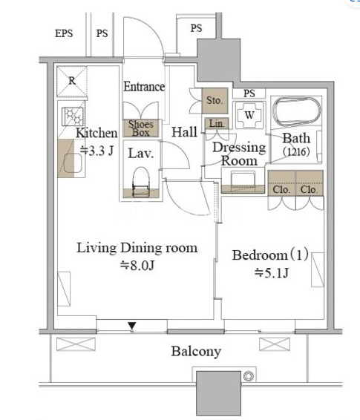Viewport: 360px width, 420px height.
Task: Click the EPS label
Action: click(64, 33)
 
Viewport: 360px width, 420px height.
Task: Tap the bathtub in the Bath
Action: click(296, 112)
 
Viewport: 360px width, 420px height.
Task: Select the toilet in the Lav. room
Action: click(141, 182)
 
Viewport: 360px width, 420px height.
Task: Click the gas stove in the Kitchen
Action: click(72, 117)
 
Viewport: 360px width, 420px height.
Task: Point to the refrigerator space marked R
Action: click(71, 81)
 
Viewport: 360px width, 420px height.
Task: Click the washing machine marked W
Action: click(249, 115)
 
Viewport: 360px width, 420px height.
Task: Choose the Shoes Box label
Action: click(141, 128)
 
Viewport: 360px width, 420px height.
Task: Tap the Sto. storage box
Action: click(215, 100)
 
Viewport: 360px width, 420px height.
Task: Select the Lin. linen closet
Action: click(217, 123)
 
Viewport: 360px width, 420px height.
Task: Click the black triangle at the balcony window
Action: click(132, 326)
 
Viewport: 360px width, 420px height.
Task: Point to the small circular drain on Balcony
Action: click(249, 376)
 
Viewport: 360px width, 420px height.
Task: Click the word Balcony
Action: click(196, 352)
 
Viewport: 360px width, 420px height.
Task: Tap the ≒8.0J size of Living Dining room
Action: click(137, 266)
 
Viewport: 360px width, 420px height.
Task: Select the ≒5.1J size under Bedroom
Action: click(272, 273)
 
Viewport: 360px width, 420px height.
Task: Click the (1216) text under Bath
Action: click(296, 152)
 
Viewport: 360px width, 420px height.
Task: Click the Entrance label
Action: click(144, 87)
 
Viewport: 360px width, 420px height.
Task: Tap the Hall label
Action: click(184, 132)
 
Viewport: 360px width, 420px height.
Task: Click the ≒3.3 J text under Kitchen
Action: click(96, 151)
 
